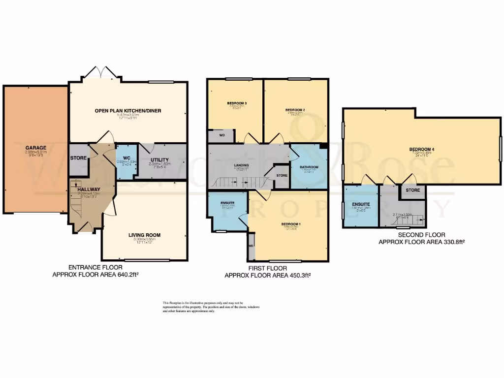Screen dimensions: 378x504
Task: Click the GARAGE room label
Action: (36, 147)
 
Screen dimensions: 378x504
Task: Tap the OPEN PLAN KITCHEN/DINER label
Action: (128, 111)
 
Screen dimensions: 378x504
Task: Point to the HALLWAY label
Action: (88, 189)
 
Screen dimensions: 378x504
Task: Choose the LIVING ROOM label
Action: (144, 235)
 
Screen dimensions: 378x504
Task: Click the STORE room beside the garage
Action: (78, 158)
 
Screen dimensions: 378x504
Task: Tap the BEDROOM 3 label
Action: (237, 103)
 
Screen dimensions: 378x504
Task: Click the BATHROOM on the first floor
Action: (309, 167)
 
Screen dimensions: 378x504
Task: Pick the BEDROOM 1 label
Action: (291, 224)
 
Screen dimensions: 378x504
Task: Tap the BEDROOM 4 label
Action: (421, 149)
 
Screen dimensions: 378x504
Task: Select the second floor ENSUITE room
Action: (360, 205)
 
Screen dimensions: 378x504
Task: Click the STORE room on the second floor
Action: (413, 190)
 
